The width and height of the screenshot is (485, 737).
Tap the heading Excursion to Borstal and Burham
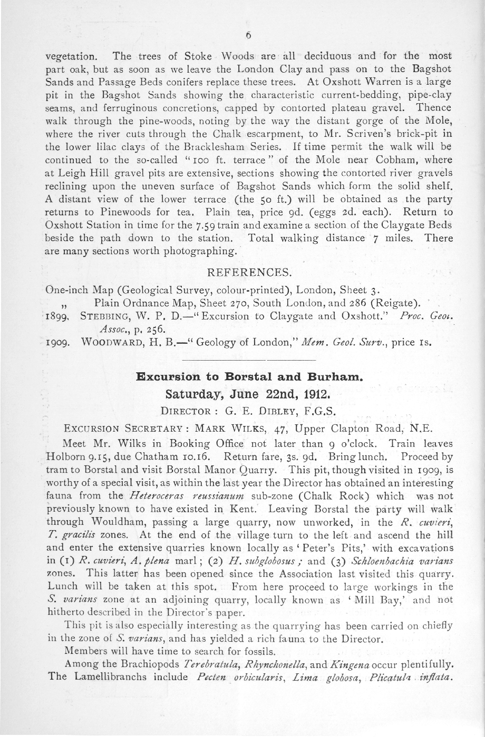[249, 377]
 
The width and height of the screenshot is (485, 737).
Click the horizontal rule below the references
[248, 360]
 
